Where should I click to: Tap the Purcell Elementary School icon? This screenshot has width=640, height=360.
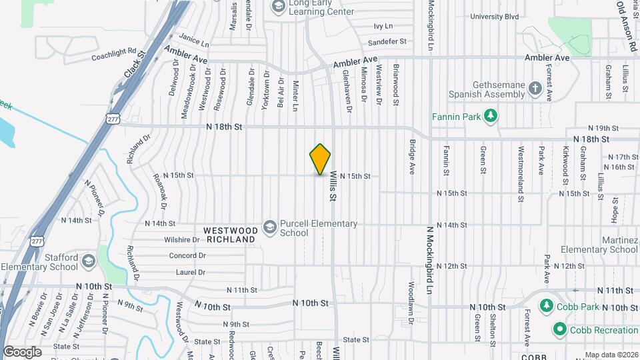click(x=270, y=227)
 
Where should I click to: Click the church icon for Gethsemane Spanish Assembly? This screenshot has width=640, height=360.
click(x=535, y=89)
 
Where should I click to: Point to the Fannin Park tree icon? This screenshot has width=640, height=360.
click(x=491, y=117)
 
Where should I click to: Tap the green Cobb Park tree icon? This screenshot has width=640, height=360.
click(x=546, y=305)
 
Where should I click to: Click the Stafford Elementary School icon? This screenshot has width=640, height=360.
click(x=88, y=262)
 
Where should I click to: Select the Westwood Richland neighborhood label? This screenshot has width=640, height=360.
click(x=230, y=234)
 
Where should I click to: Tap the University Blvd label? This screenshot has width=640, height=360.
click(x=494, y=17)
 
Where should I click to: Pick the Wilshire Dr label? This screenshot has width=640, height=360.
click(x=182, y=239)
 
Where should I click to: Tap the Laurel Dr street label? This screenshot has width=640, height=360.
click(x=191, y=272)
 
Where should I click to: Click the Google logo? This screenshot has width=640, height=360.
click(x=22, y=351)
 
